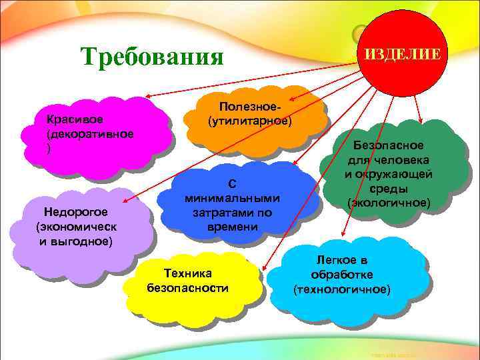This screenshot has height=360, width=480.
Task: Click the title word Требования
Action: pos(151,57)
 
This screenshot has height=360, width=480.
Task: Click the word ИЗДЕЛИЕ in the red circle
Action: pos(401,53)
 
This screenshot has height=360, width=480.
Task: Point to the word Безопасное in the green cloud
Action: pos(389,145)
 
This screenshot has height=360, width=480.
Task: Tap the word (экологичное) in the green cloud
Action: pos(389,202)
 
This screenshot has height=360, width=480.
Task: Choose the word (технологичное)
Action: pos(342,289)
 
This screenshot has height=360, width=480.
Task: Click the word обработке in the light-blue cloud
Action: pos(342,274)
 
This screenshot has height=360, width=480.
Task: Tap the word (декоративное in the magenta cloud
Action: pos(89,134)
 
